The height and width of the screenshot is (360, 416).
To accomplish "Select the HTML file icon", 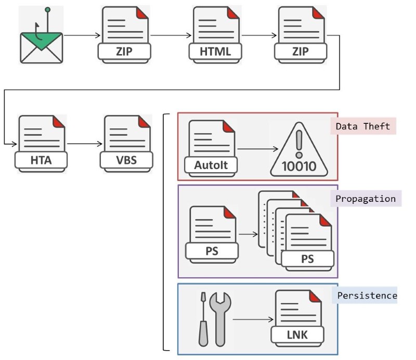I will pos(215,35).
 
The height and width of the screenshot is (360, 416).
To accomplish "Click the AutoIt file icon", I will pos(212,147).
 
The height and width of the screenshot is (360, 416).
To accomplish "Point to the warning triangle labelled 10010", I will pos(300,150).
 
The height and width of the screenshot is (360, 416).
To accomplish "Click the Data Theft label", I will pos(363,126).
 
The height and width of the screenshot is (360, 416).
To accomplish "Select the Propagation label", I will pos(366,199).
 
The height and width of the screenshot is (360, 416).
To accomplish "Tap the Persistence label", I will pos(367,295).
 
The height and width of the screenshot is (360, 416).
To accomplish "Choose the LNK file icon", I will pos(298,317).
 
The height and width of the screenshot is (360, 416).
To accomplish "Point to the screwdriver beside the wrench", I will pos(203,319).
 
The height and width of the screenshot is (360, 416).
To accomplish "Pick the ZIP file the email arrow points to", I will pos(124,35).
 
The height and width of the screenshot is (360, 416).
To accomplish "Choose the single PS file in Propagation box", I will pos(213,234).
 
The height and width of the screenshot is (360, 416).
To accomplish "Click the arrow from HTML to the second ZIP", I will pos(258,36).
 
